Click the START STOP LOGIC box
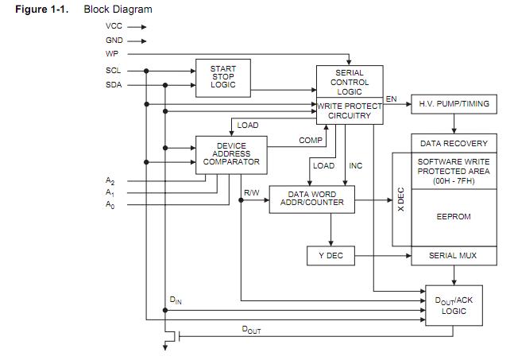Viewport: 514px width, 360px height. pyautogui.click(x=223, y=77)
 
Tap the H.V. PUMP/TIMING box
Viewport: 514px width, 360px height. pyautogui.click(x=454, y=104)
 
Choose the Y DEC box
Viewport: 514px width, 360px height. pyautogui.click(x=331, y=256)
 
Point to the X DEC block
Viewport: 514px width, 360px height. pyautogui.click(x=401, y=199)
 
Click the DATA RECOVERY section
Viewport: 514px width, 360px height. pyautogui.click(x=454, y=144)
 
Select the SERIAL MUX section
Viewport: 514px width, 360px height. pyautogui.click(x=454, y=256)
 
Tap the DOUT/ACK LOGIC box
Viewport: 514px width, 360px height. pyautogui.click(x=454, y=305)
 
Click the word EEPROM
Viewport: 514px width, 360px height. pyautogui.click(x=454, y=216)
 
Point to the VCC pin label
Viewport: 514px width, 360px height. pyautogui.click(x=114, y=25)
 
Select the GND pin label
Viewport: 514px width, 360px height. pyautogui.click(x=114, y=40)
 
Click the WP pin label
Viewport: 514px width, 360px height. pyautogui.click(x=112, y=54)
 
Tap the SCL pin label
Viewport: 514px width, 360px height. pyautogui.click(x=114, y=70)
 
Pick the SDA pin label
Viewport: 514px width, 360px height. pyautogui.click(x=114, y=85)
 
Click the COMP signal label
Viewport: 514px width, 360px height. pyautogui.click(x=310, y=141)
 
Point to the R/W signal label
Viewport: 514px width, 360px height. pyautogui.click(x=251, y=192)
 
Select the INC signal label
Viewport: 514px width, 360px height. pyautogui.click(x=355, y=166)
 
